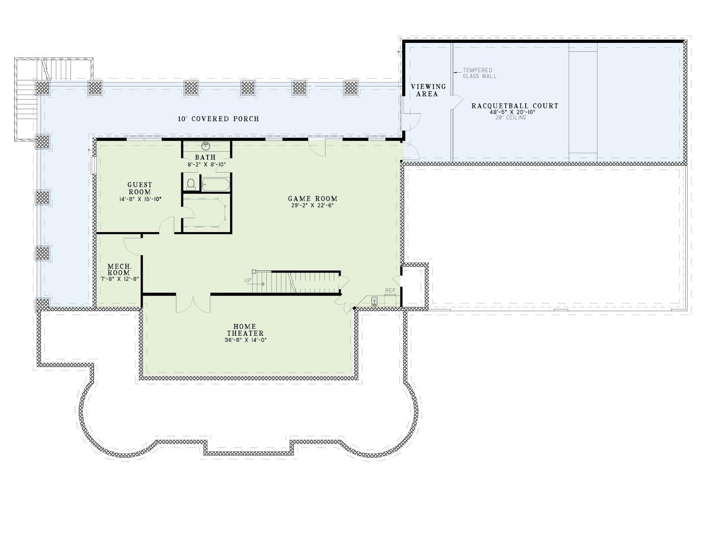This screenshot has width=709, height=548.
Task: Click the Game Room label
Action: coord(312,199)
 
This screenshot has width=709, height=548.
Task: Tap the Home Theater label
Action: coord(245,330)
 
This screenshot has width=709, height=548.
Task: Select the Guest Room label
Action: coord(140,188)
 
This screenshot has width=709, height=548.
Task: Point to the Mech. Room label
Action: coord(119,269)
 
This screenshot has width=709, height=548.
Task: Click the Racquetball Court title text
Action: coord(515,106)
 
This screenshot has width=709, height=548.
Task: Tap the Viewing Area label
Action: coord(428,90)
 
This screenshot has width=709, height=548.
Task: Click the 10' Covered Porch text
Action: coord(218,119)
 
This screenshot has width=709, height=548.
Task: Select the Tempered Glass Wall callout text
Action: coord(479,73)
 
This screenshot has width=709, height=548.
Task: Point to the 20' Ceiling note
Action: coord(510,117)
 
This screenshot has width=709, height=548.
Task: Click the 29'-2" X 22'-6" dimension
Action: coord(312,205)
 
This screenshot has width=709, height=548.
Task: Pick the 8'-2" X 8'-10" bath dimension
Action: coord(206,165)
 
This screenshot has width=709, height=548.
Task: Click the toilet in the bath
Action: coord(191,184)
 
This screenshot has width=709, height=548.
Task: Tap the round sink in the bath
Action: coord(205,145)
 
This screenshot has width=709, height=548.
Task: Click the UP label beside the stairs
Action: coord(248,280)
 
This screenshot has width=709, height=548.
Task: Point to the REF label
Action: coord(390,291)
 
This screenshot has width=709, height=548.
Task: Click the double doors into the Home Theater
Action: coord(193,303)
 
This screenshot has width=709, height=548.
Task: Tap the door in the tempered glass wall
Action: coord(458,102)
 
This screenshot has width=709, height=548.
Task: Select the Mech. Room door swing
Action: coord(132,246)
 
